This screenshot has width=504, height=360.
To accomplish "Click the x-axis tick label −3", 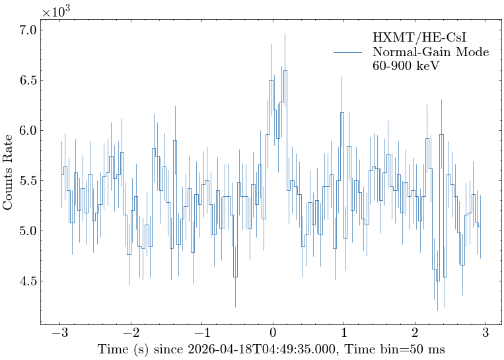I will click(60, 335).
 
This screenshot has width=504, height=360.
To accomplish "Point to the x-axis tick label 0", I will click(273, 335).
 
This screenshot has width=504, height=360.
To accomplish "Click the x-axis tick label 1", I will click(344, 335).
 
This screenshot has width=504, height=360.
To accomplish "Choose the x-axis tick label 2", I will click(415, 335).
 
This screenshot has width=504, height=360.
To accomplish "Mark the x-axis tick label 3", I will click(486, 335).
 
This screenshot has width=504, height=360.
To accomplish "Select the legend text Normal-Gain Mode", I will click(431, 52).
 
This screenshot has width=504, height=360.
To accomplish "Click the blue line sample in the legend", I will click(348, 52).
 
